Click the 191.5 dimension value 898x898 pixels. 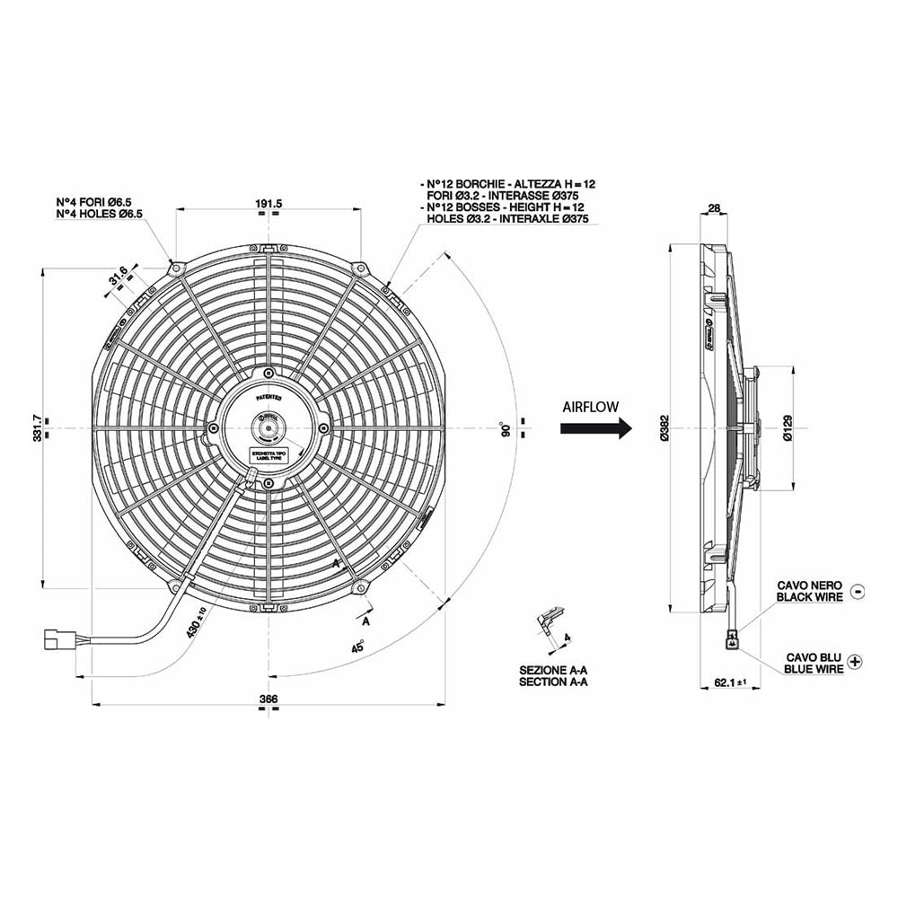point(269,205)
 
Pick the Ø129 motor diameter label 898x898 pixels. point(788,429)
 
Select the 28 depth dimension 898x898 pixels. point(715,209)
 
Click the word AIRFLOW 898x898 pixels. point(590,406)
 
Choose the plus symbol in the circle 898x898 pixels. point(854,662)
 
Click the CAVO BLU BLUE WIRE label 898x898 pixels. point(813,663)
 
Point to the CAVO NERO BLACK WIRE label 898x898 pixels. point(809,591)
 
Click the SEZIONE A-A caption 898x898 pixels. point(553,670)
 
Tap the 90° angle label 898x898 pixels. point(506,428)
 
